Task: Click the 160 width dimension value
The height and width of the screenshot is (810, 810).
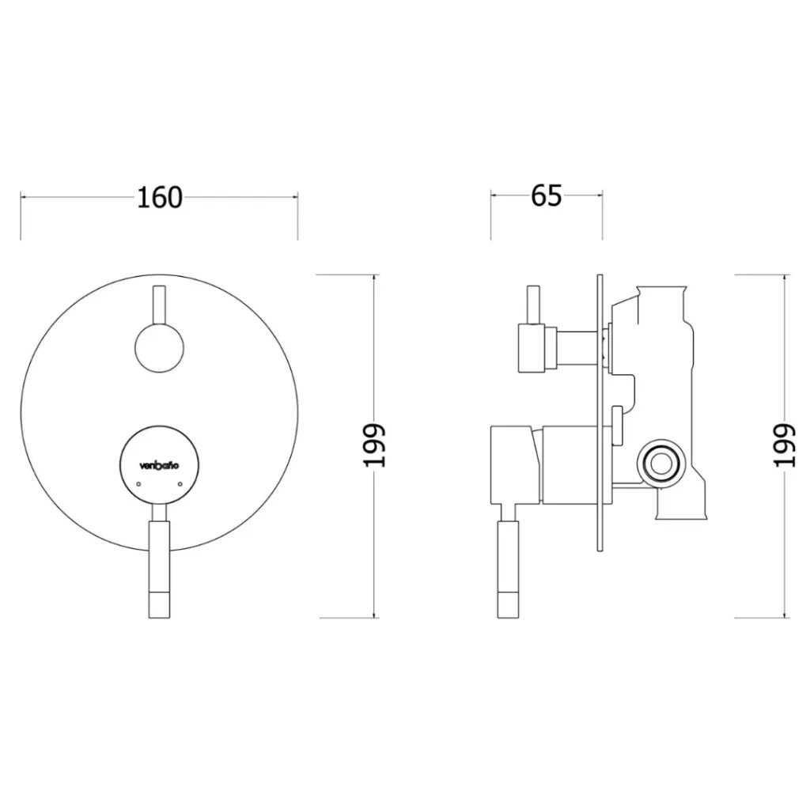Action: click(159, 197)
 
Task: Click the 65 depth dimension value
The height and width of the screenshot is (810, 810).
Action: click(546, 196)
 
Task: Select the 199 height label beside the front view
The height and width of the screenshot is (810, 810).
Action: click(374, 446)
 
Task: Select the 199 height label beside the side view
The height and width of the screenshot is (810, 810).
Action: click(784, 446)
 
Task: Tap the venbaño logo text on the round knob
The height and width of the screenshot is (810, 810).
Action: click(159, 465)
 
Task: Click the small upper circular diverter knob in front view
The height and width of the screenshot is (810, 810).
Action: click(159, 348)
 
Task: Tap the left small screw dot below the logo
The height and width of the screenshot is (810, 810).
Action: click(138, 484)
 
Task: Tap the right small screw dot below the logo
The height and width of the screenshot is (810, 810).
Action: click(180, 484)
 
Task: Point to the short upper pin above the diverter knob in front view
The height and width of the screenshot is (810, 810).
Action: click(159, 305)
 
